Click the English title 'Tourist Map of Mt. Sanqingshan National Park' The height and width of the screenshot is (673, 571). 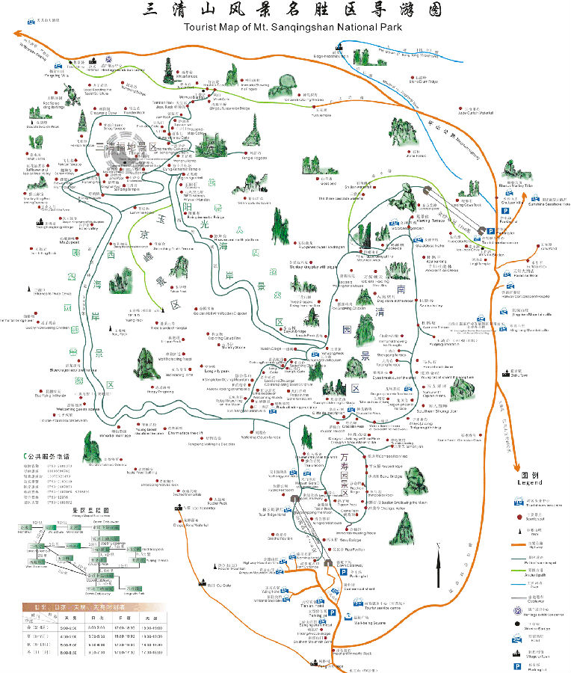point(293,28)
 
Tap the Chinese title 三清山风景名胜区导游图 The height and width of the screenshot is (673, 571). point(292,10)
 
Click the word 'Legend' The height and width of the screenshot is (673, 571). point(529,483)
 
